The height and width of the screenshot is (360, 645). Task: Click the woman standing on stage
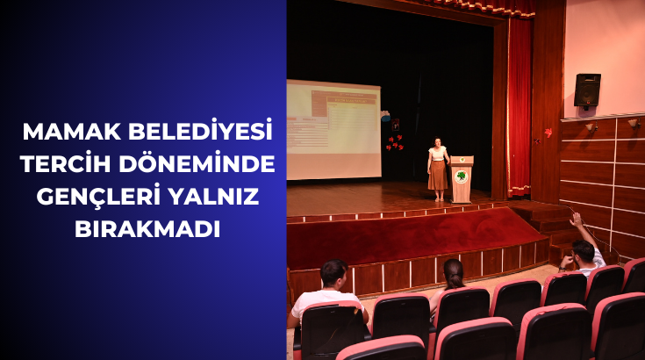click(x=438, y=169)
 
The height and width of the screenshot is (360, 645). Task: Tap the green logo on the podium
click(x=462, y=176)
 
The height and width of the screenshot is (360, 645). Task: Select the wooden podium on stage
click(x=462, y=179)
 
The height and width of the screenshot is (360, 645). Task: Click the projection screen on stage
click(x=333, y=130)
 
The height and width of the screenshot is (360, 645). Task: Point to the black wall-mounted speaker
click(x=587, y=90)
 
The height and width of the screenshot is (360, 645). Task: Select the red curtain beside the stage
click(x=520, y=105)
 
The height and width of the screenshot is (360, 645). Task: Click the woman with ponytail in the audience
click(x=453, y=277)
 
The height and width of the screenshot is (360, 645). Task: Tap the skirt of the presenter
click(x=437, y=176)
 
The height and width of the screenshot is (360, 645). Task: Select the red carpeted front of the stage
click(x=412, y=235)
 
